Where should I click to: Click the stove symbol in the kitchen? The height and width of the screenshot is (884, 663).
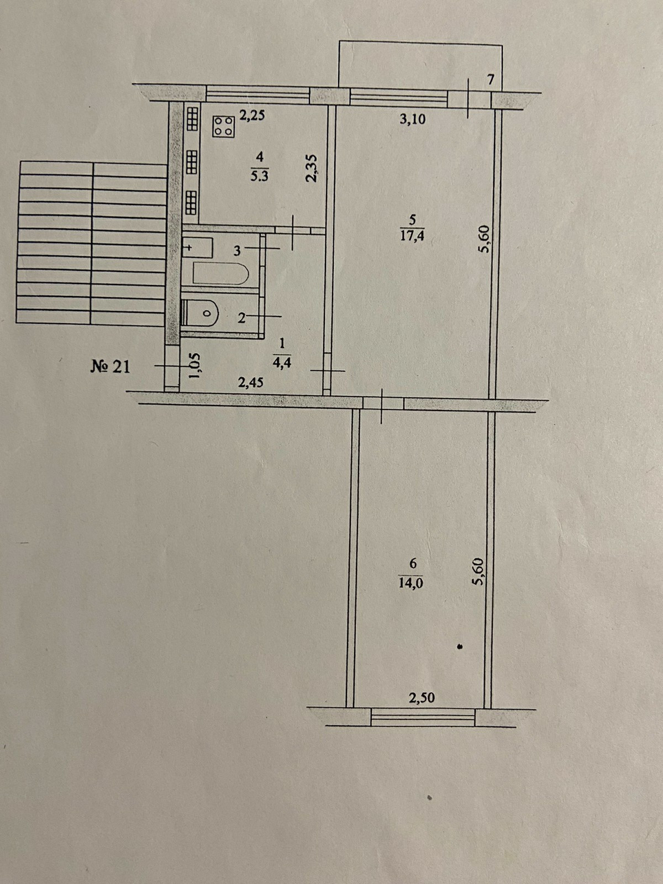coord(224,125)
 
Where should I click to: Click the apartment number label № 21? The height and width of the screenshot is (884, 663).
coord(110,366)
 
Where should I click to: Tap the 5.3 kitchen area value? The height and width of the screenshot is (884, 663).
coord(260,178)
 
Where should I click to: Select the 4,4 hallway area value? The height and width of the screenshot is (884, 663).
coord(282,363)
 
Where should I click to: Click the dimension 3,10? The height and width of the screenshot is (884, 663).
coord(413,119)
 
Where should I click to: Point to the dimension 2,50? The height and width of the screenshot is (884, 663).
coord(422,698)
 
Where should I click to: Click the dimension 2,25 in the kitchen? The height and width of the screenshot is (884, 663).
coord(252,115)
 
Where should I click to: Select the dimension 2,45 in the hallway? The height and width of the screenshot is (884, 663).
coord(250,382)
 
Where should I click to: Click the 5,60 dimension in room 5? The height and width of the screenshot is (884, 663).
coord(485,239)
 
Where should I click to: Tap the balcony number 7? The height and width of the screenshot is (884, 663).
coord(490,80)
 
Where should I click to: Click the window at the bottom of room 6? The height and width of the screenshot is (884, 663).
coord(423,718)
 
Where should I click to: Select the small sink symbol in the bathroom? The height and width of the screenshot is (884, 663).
coord(197,248)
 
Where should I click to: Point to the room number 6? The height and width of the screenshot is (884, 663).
coord(413,563)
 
